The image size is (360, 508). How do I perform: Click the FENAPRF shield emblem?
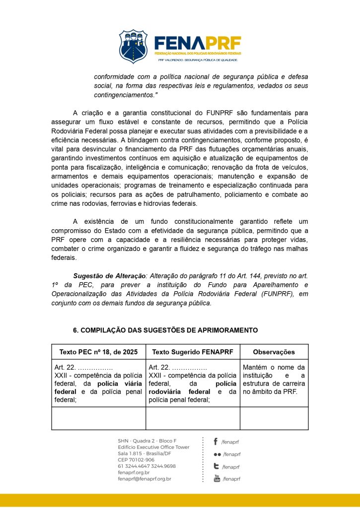[x=133, y=46]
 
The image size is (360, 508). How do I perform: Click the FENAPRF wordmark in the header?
[x=198, y=43]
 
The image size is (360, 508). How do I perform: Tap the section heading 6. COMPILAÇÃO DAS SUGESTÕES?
[x=165, y=330]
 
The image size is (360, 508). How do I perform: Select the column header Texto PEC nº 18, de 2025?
[x=98, y=352]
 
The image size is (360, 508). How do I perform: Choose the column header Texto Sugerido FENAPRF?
[x=193, y=352]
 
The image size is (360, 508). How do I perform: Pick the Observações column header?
[x=274, y=352]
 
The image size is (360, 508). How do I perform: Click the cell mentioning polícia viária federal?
[x=98, y=383]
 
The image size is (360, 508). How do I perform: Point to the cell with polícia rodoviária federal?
[x=193, y=383]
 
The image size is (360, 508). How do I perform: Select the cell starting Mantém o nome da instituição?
[x=274, y=380]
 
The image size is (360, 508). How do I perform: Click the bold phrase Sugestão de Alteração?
[x=108, y=275]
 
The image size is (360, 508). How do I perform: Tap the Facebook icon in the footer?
[x=216, y=442]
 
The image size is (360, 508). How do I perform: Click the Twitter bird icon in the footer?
[x=216, y=466]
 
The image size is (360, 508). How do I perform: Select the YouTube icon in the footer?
[x=217, y=479]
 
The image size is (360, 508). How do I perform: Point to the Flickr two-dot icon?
[x=217, y=454]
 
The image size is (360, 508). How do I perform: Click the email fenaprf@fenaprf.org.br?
[x=144, y=479]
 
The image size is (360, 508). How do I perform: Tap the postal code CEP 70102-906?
[x=136, y=460]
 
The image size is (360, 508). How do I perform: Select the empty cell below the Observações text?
[x=274, y=418]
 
